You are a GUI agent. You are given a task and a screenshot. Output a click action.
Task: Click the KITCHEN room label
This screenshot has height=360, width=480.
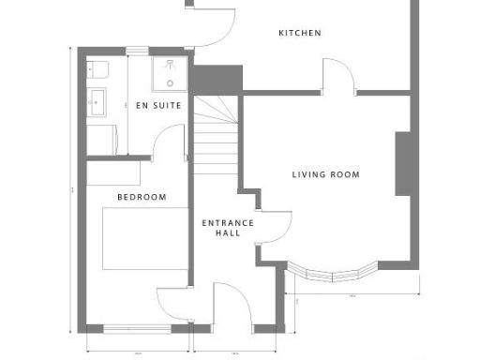tap(300, 33)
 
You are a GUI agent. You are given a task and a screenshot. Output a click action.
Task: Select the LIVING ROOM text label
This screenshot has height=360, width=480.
tap(325, 174)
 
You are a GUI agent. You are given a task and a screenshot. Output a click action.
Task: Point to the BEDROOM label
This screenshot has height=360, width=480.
tap(142, 197)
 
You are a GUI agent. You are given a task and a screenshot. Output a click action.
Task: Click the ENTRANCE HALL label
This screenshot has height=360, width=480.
tap(228, 227)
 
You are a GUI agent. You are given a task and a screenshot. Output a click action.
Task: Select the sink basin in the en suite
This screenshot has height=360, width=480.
tap(97, 98)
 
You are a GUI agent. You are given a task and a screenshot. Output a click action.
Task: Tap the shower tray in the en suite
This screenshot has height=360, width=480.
tap(171, 71)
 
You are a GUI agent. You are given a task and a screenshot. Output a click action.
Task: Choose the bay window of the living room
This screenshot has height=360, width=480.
tap(332, 273)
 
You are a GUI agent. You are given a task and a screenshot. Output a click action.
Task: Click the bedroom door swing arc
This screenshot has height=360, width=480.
tap(173, 305)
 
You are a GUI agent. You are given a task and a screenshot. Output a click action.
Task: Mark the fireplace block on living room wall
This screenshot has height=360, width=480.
tap(404, 163)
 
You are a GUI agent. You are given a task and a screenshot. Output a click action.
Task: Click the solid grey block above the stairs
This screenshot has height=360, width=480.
tap(217, 79)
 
